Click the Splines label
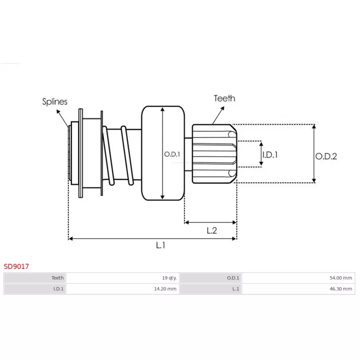pyautogui.click(x=54, y=102)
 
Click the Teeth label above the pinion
pyautogui.click(x=225, y=98)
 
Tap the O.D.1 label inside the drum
pyautogui.click(x=172, y=154)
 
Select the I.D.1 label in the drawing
pyautogui.click(x=270, y=155)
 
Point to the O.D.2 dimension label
pyautogui.click(x=326, y=156)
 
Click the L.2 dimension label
pyautogui.click(x=211, y=230)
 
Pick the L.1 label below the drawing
pyautogui.click(x=161, y=245)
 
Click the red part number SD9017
pyautogui.click(x=16, y=266)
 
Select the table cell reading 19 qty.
pyautogui.click(x=123, y=278)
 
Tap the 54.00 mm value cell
pyautogui.click(x=298, y=278)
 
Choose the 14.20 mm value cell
pyautogui.click(x=123, y=289)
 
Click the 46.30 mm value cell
pyautogui.click(x=298, y=289)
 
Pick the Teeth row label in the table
pyautogui.click(x=35, y=278)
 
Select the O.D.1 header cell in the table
pyautogui.click(x=211, y=278)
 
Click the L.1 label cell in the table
pyautogui.click(x=211, y=289)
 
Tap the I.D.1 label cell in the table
pyautogui.click(x=35, y=289)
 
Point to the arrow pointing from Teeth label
pyautogui.click(x=218, y=115)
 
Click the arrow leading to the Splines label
pyautogui.click(x=63, y=118)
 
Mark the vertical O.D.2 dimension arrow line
pyautogui.click(x=314, y=153)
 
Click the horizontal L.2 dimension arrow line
pyautogui.click(x=211, y=222)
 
